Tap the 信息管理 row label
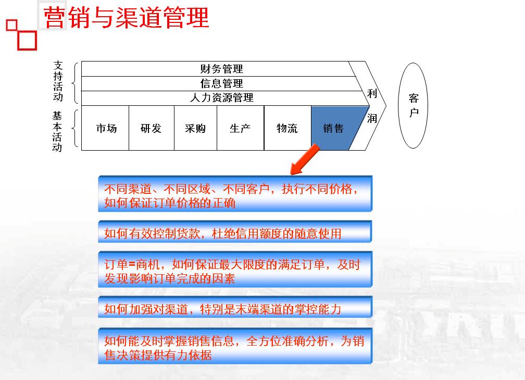tap(221, 83)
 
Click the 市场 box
tap(105, 128)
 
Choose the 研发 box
tap(152, 128)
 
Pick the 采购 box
tap(195, 128)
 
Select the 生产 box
tap(241, 128)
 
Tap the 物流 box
tap(287, 128)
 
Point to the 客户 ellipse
tap(413, 105)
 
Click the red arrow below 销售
tap(305, 159)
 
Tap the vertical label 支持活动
tap(58, 81)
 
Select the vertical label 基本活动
tap(57, 132)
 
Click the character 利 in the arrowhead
tap(372, 93)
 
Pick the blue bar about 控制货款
tap(235, 231)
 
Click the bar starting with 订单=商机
tap(235, 269)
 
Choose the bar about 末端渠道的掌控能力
tap(235, 307)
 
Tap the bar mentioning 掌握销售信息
tap(235, 346)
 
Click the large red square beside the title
tap(27, 41)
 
